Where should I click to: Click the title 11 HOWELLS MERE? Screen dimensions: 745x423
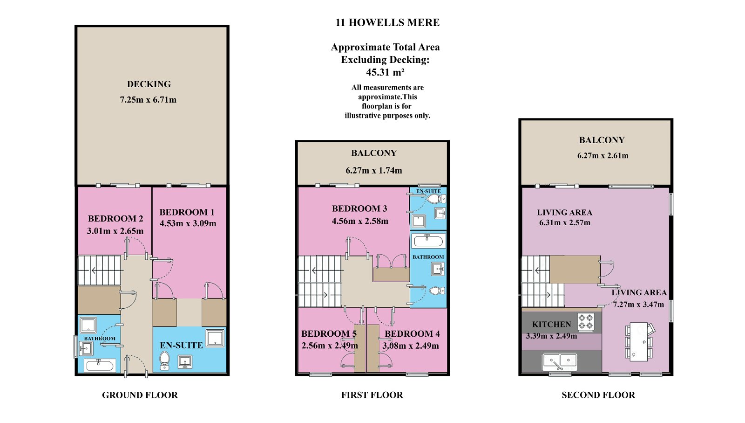(387, 23)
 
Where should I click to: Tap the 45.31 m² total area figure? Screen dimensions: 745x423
(385, 72)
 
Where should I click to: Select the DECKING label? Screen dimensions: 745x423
(149, 84)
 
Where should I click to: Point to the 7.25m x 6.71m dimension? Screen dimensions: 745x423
(148, 100)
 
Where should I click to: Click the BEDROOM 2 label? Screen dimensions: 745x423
(115, 218)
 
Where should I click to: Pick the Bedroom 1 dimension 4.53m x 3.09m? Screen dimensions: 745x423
(188, 223)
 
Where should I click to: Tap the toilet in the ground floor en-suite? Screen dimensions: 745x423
(165, 361)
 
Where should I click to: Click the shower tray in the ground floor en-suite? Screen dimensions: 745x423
(215, 339)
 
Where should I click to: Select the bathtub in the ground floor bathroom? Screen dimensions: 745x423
(100, 366)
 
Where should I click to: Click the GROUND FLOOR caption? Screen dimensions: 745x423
(140, 395)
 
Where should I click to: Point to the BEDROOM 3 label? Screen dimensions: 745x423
(359, 208)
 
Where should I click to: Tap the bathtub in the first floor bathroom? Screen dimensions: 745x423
(428, 241)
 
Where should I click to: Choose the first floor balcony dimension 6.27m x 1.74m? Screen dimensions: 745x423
(374, 171)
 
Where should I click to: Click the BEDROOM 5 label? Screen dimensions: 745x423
(329, 333)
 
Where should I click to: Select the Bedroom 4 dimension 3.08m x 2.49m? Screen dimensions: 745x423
(410, 346)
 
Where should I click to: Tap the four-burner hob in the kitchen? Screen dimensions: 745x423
(586, 322)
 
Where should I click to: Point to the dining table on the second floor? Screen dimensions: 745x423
(639, 342)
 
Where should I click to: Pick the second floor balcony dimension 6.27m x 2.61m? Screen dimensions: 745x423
(603, 156)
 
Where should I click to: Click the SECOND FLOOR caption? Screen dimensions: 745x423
(598, 395)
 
